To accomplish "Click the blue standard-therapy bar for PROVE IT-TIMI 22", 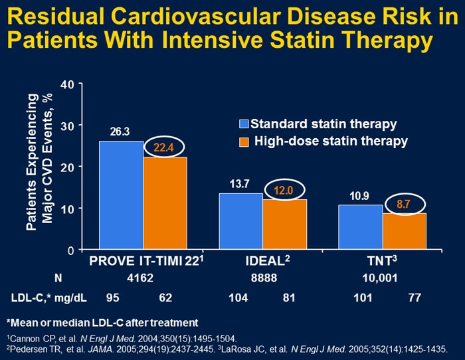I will click(x=121, y=195).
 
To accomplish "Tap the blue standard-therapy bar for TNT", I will click(x=361, y=227).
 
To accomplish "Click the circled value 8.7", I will click(x=404, y=204).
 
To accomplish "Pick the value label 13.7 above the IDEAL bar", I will click(x=240, y=183).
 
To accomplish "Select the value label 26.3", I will click(x=120, y=132).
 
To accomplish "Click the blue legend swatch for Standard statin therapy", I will click(x=243, y=124).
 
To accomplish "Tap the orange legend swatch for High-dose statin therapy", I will click(x=243, y=141).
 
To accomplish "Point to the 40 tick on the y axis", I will click(x=67, y=84).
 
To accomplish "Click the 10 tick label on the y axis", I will click(x=67, y=209).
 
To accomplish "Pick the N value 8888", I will click(x=263, y=276).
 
